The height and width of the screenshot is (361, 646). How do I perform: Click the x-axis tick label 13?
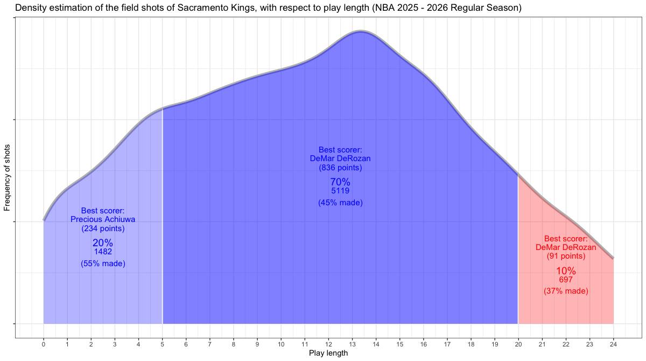[352, 343]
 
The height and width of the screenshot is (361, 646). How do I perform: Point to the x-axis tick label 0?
[44, 343]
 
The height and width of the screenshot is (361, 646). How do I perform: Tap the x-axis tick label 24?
[613, 343]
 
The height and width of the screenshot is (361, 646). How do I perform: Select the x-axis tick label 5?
[163, 343]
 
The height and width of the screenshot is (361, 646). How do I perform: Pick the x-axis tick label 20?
[518, 343]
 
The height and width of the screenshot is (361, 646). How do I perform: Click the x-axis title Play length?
[328, 353]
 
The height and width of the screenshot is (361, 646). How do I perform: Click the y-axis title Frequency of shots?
[8, 177]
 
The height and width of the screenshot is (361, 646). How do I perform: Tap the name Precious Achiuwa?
[103, 219]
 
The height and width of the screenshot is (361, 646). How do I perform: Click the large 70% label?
[340, 182]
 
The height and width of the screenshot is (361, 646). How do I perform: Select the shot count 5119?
[340, 191]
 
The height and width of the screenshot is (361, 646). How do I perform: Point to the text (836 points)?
[340, 168]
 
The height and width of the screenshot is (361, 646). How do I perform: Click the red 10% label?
[566, 271]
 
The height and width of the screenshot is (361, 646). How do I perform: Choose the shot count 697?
[566, 280]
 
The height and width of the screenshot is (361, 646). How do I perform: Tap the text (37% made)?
[566, 291]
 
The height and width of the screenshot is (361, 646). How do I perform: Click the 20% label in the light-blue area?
[103, 243]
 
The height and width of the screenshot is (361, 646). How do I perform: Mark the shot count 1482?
[103, 252]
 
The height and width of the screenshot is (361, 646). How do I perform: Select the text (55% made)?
[103, 263]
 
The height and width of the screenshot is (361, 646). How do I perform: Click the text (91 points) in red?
[566, 256]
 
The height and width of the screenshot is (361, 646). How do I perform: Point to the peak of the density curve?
[361, 31]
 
